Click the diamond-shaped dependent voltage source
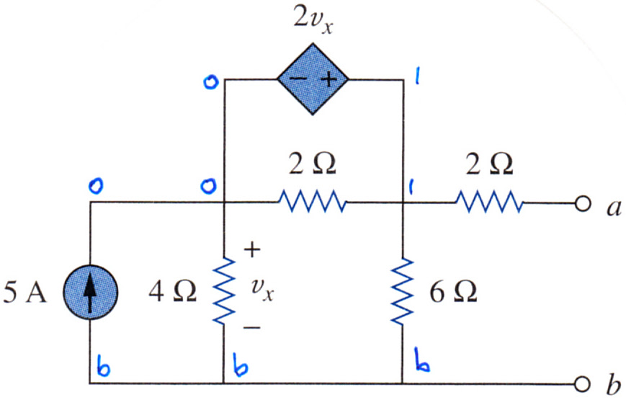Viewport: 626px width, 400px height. click(313, 79)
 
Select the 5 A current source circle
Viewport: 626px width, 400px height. click(90, 292)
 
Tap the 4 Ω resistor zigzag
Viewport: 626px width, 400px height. click(223, 290)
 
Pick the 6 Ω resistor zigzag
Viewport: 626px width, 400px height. click(403, 291)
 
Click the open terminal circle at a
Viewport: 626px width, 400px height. click(582, 204)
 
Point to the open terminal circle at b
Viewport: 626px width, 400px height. click(582, 384)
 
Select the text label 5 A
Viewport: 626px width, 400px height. click(24, 292)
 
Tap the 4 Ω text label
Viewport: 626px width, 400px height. click(172, 291)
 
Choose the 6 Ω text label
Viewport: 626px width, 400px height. click(453, 292)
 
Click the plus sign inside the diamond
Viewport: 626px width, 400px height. click(329, 79)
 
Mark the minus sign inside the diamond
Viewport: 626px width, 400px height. click(298, 78)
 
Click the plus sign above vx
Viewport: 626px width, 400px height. click(252, 250)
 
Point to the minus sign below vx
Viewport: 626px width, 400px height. click(252, 328)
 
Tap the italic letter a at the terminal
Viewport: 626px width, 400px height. click(614, 208)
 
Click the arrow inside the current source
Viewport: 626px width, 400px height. click(90, 292)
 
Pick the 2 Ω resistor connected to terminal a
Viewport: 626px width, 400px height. click(488, 203)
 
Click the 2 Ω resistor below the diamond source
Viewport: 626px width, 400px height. click(312, 201)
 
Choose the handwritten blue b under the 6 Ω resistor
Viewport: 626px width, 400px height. click(422, 360)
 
